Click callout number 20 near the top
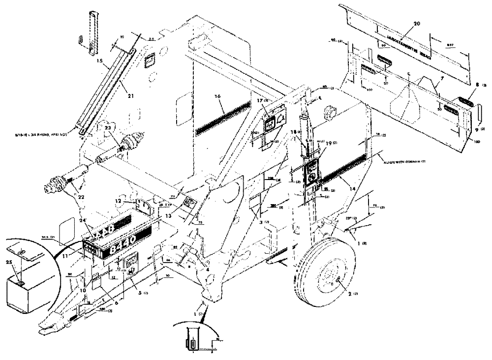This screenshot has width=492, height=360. [417, 23]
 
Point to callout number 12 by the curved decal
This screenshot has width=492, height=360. [131, 200]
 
